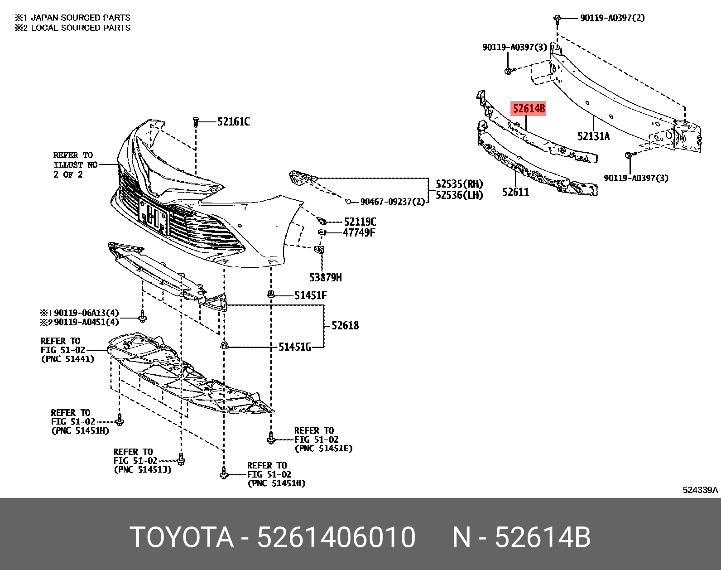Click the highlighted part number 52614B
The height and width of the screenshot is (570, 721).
529,109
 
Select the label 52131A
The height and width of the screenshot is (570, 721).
593,136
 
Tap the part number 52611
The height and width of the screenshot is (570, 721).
515,192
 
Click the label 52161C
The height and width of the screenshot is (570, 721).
233,122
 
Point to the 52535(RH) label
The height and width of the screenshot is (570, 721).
459,184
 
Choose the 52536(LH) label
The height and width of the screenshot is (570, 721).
459,195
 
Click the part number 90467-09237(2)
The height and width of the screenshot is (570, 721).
392,202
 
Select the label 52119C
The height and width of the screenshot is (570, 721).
360,222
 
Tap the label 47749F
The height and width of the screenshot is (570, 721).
359,233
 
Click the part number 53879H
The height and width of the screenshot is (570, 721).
326,277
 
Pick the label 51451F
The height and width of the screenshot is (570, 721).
310,296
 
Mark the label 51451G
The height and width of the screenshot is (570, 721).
294,348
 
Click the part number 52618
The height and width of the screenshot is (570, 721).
345,325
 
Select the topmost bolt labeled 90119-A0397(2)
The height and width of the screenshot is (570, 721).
558,18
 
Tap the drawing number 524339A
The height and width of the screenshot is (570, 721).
700,490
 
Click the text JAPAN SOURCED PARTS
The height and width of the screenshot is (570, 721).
77,18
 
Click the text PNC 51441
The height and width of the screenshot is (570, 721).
67,359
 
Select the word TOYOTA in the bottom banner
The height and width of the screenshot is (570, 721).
182,537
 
